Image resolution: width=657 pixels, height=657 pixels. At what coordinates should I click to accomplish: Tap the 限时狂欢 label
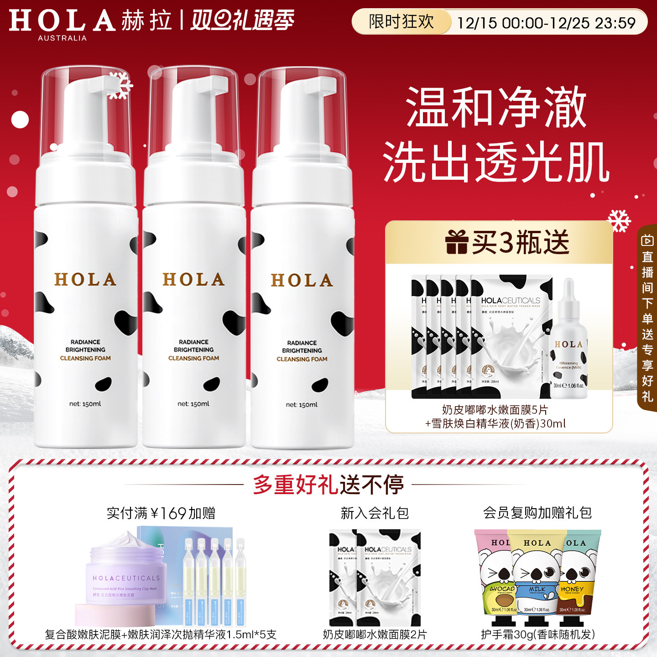[x=401, y=21]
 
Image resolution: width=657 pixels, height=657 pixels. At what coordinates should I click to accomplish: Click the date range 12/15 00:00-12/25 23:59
[x=546, y=23]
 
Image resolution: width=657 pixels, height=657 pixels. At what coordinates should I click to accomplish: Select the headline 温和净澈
[x=496, y=108]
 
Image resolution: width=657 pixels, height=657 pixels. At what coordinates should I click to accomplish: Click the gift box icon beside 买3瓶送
[x=457, y=242]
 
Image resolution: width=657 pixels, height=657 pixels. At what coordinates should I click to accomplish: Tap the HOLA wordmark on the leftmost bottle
[x=85, y=280]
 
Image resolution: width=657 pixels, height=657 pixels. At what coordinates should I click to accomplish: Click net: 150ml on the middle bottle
[x=193, y=404]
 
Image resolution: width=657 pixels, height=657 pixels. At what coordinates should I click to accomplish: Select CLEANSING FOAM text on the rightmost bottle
[x=302, y=359]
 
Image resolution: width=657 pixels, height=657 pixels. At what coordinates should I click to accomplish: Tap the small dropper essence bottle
[x=568, y=347]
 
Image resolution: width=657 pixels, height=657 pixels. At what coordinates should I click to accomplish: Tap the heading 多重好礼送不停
[x=328, y=485]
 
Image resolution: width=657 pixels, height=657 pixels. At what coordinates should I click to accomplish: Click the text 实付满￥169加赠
[x=161, y=513]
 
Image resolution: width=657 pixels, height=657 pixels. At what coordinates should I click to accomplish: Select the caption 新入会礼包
[x=374, y=513]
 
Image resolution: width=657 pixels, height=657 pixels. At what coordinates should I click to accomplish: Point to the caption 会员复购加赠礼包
[x=537, y=513]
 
